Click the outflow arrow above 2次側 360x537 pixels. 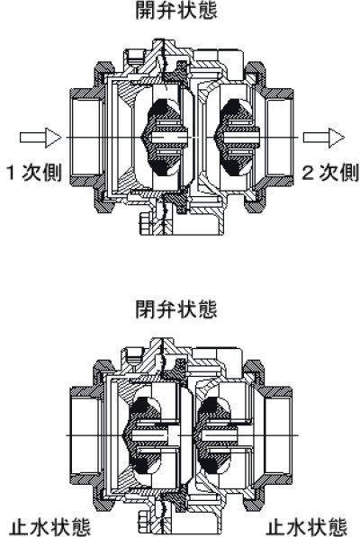323,137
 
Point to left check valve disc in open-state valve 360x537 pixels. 157,137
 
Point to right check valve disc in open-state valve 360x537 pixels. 231,137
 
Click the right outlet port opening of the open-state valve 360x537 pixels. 278,137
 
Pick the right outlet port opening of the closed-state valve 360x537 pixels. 278,431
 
